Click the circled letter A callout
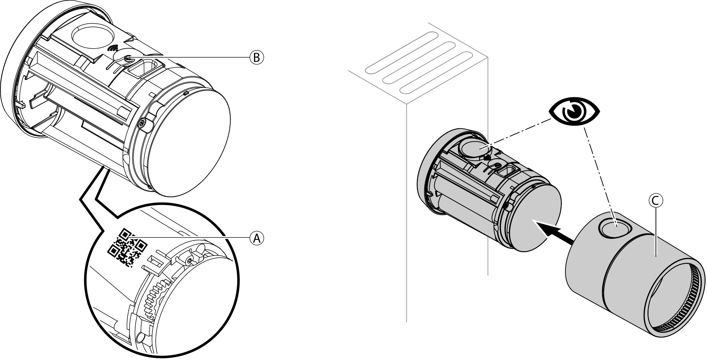click(x=257, y=238)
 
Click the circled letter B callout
click(x=257, y=57)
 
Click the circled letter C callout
click(x=655, y=200)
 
